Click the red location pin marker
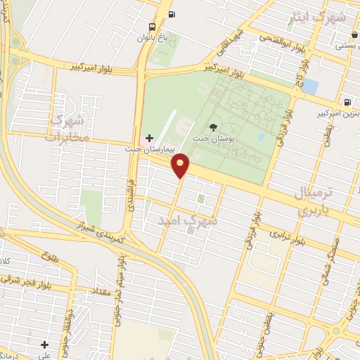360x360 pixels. click(x=181, y=165)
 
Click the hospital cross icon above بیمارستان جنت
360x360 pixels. click(x=148, y=137)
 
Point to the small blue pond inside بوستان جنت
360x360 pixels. click(x=262, y=136)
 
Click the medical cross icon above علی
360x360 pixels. click(x=45, y=345)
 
